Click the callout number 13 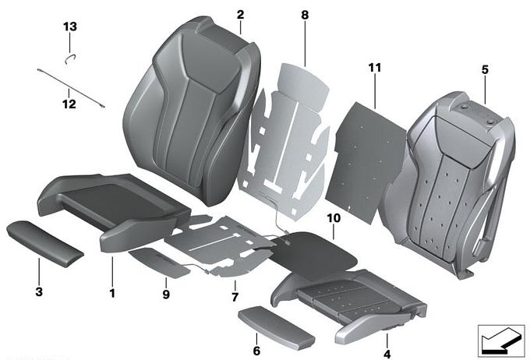tap(70, 26)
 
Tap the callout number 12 tap(69, 104)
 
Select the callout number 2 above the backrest tap(240, 15)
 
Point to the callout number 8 tap(305, 16)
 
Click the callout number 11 tap(375, 68)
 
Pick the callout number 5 tap(485, 70)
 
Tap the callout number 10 tap(334, 218)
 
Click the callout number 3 tap(39, 291)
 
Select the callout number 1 tap(112, 293)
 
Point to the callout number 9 tap(166, 295)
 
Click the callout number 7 tap(235, 297)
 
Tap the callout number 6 tap(256, 351)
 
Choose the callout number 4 tap(387, 355)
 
